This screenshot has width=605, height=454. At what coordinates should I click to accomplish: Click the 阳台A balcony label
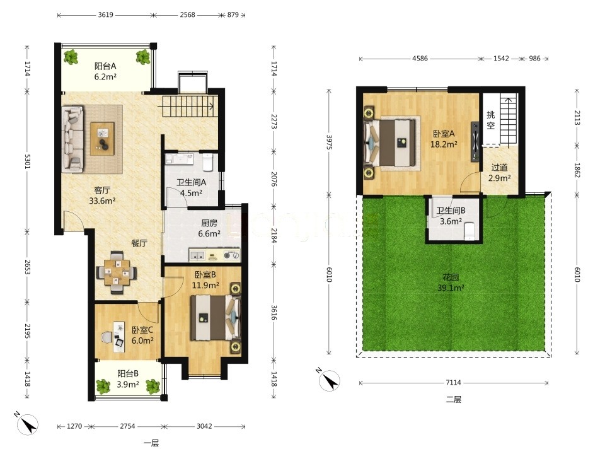point(105,66)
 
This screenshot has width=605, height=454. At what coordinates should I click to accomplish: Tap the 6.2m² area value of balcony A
point(105,76)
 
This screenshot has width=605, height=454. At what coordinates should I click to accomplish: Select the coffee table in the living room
point(102,139)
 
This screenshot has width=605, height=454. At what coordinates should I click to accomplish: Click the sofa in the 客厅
point(73,139)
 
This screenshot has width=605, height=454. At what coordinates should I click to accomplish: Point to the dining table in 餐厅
point(116,272)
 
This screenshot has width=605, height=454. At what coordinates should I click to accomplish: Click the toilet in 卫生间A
point(207,163)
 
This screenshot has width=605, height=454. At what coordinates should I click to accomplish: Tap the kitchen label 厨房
point(209,223)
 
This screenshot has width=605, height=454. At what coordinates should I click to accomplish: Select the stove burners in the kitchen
point(232,255)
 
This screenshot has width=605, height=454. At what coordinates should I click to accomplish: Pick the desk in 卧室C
point(119,337)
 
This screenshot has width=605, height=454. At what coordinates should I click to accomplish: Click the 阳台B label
point(128,374)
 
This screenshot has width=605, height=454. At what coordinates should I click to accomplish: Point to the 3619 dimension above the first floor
point(105,15)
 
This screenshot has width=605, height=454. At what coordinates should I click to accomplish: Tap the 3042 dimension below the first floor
point(204,426)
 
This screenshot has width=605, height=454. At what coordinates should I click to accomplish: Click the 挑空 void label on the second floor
point(490,120)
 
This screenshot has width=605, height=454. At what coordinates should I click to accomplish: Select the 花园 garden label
point(451,277)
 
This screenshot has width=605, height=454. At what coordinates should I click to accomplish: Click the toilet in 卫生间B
point(469,231)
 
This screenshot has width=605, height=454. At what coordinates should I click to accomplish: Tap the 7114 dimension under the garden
point(453,383)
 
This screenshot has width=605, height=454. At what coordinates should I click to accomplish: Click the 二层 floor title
point(454,399)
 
